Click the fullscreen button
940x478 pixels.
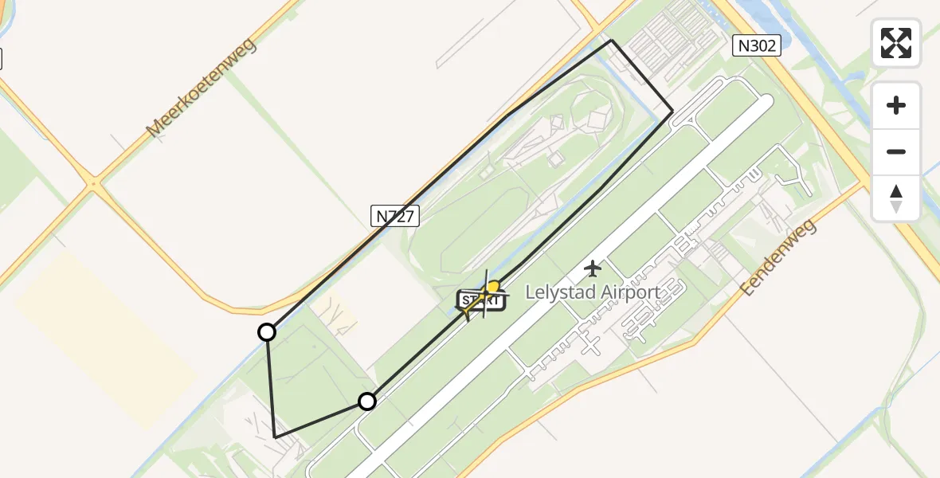896,43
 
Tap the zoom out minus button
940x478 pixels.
896,151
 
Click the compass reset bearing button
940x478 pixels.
896,198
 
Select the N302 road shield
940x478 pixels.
756,46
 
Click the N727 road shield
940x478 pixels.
395,215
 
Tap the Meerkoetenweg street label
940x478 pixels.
201,88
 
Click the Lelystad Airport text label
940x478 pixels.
593,292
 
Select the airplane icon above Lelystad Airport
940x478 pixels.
593,268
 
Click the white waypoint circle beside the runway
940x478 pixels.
366,402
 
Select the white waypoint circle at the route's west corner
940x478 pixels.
267,332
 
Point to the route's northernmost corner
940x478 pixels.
611,40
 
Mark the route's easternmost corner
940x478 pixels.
673,111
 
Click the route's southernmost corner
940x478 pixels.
275,437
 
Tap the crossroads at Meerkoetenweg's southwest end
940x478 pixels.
94,185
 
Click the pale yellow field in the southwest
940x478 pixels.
104,343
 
